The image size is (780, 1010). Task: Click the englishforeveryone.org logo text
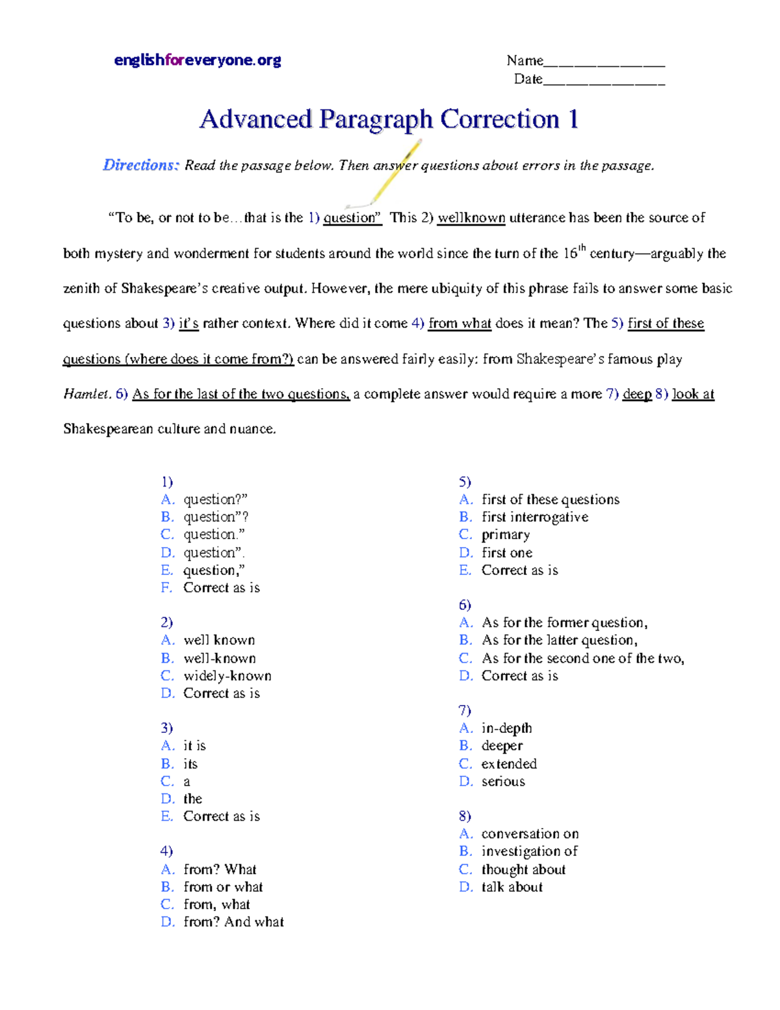click(x=198, y=60)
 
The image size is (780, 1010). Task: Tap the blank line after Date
click(x=604, y=83)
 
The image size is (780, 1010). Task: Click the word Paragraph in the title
click(x=376, y=120)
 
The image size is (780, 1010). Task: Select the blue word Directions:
click(x=140, y=165)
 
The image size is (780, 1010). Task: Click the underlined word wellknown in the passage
click(x=471, y=218)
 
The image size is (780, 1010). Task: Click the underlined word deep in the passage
click(x=637, y=394)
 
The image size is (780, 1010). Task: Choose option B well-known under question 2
click(x=220, y=658)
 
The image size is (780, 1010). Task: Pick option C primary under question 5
click(x=506, y=535)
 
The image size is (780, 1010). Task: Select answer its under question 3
click(x=190, y=764)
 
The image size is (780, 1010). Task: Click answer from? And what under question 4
click(x=233, y=922)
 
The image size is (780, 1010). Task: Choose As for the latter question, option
click(x=559, y=641)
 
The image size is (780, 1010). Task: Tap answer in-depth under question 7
click(x=506, y=728)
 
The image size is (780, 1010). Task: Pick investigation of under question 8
click(x=529, y=851)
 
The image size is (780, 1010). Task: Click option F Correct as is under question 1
click(x=221, y=588)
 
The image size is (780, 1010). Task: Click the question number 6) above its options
click(x=465, y=605)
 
